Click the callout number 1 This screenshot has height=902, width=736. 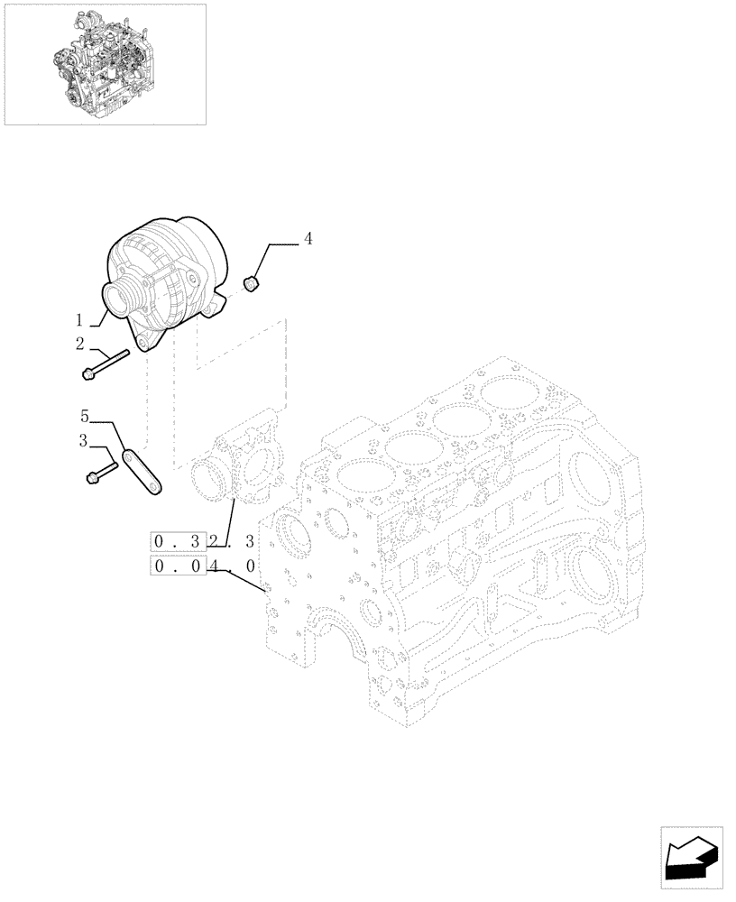coord(80,320)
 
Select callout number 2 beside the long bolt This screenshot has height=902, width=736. coord(80,344)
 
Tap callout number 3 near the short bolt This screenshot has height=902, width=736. coord(82,442)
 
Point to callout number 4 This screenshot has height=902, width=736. coord(308,239)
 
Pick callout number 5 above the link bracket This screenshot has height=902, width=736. coord(85,416)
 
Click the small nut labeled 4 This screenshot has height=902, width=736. coord(253,285)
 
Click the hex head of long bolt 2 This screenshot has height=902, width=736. coord(87,373)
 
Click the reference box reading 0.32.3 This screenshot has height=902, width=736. coord(205,542)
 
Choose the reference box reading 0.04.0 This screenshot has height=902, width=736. coord(205,567)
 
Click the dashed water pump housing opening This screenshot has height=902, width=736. coord(208,479)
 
